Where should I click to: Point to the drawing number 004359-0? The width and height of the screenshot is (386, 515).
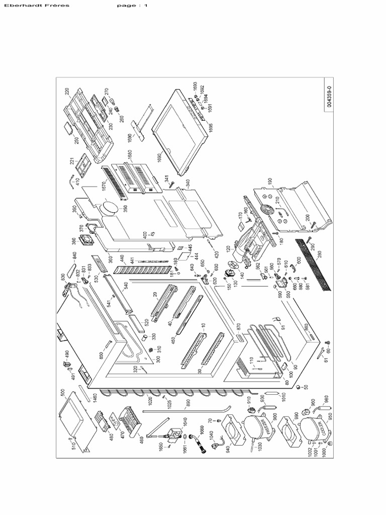[329, 96]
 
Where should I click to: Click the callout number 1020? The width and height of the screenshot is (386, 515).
[150, 401]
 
